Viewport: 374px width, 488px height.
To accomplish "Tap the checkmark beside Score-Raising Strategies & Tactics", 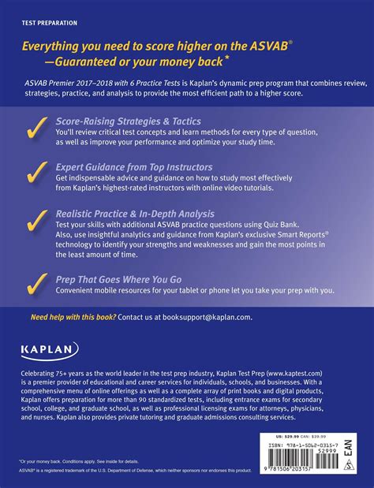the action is tap(34, 129).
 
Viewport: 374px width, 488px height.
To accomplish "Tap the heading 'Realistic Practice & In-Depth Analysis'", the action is tap(134, 213).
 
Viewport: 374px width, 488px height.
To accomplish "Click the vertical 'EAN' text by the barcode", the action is tap(349, 445).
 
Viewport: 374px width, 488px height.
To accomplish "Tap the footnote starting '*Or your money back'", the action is tap(71, 461).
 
